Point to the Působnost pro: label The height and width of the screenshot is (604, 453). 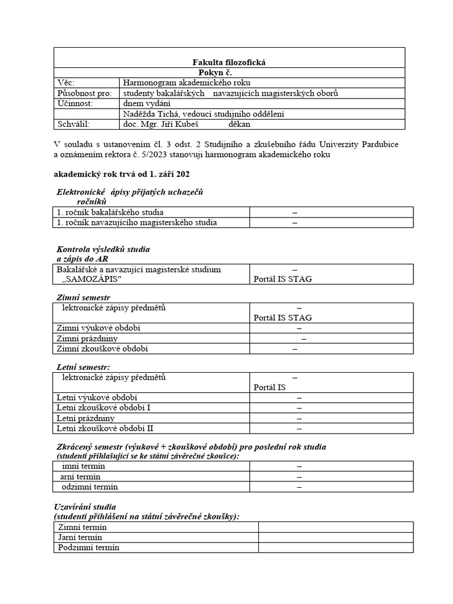(84, 93)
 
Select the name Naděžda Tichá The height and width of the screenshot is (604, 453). (150, 114)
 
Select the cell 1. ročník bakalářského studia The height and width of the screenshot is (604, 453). (110, 212)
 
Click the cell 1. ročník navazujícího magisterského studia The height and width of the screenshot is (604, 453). (137, 222)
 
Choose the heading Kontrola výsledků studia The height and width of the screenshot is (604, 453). (103, 250)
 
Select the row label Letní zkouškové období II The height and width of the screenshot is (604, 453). (105, 428)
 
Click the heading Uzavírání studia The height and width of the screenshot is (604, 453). (85, 507)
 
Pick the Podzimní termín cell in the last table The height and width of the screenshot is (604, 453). (88, 547)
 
